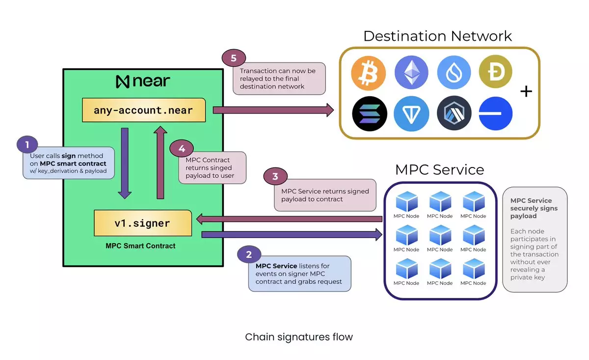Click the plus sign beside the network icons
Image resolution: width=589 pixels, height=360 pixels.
526,91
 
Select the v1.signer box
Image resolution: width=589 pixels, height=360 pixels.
142,223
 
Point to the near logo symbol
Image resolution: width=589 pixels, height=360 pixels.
122,82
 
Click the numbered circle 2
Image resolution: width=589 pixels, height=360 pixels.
249,254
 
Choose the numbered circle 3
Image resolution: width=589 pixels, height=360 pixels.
275,177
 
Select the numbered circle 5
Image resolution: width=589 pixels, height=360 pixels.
234,58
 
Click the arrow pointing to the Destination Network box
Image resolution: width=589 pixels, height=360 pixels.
273,110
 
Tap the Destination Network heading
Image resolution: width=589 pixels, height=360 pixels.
437,36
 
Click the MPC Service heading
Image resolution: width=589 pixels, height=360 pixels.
439,170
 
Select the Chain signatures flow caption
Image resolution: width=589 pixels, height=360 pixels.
298,337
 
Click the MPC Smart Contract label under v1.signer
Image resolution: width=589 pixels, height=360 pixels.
140,246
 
